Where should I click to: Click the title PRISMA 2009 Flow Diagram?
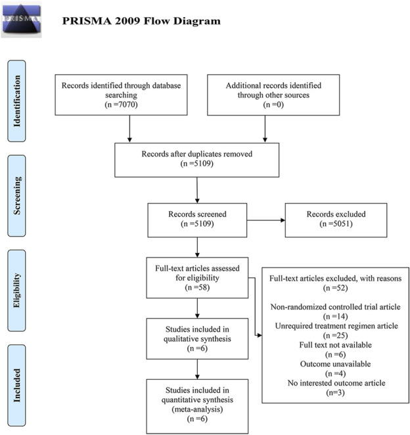[141, 21]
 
